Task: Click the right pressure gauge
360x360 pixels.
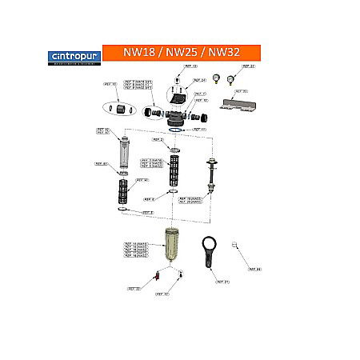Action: click(231, 79)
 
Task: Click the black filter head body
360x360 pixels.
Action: click(177, 107)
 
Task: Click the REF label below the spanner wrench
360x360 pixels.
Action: click(222, 282)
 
